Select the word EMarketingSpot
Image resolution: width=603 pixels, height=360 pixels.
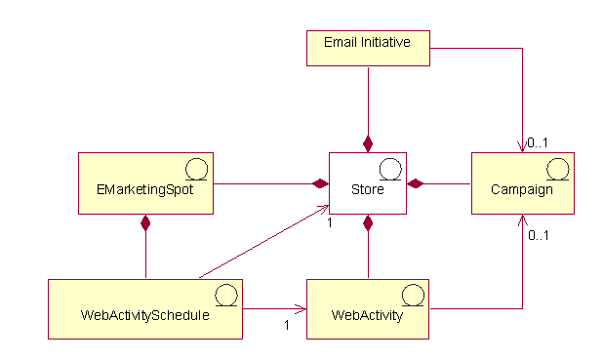145,190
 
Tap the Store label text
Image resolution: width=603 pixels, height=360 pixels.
367,190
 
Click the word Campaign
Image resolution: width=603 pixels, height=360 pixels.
522,190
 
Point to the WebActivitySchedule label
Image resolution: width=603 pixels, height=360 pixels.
145,316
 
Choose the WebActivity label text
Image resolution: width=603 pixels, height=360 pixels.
367,316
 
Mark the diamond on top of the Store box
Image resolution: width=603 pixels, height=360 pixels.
368,144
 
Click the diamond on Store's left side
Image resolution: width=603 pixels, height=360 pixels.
319,183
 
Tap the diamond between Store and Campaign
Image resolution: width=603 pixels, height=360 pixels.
415,183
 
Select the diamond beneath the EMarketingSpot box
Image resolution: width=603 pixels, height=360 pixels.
145,223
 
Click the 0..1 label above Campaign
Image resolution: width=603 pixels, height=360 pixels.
537,142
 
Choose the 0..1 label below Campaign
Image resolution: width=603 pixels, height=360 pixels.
537,235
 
